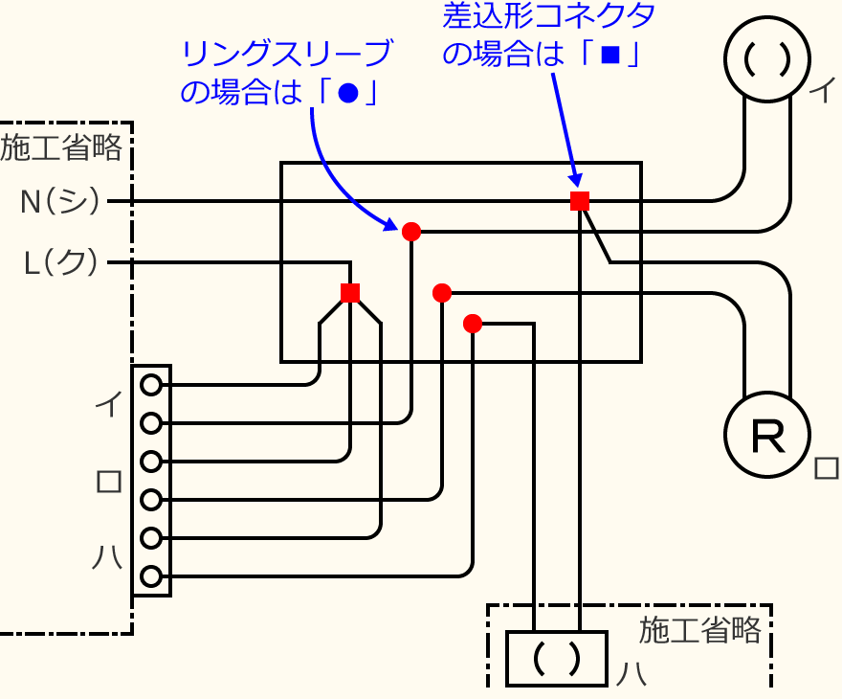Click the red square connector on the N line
(579, 201)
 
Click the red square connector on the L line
(350, 292)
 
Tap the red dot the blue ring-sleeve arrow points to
(411, 231)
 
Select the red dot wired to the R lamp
(441, 293)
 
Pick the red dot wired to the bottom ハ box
(472, 324)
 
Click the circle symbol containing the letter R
(767, 437)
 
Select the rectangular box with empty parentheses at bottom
(557, 659)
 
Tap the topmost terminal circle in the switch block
(151, 385)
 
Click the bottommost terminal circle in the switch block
(151, 576)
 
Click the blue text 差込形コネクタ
(549, 15)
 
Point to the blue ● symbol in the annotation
(347, 93)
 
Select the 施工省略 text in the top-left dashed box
(61, 148)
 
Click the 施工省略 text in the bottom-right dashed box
(700, 629)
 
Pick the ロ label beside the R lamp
(825, 468)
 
